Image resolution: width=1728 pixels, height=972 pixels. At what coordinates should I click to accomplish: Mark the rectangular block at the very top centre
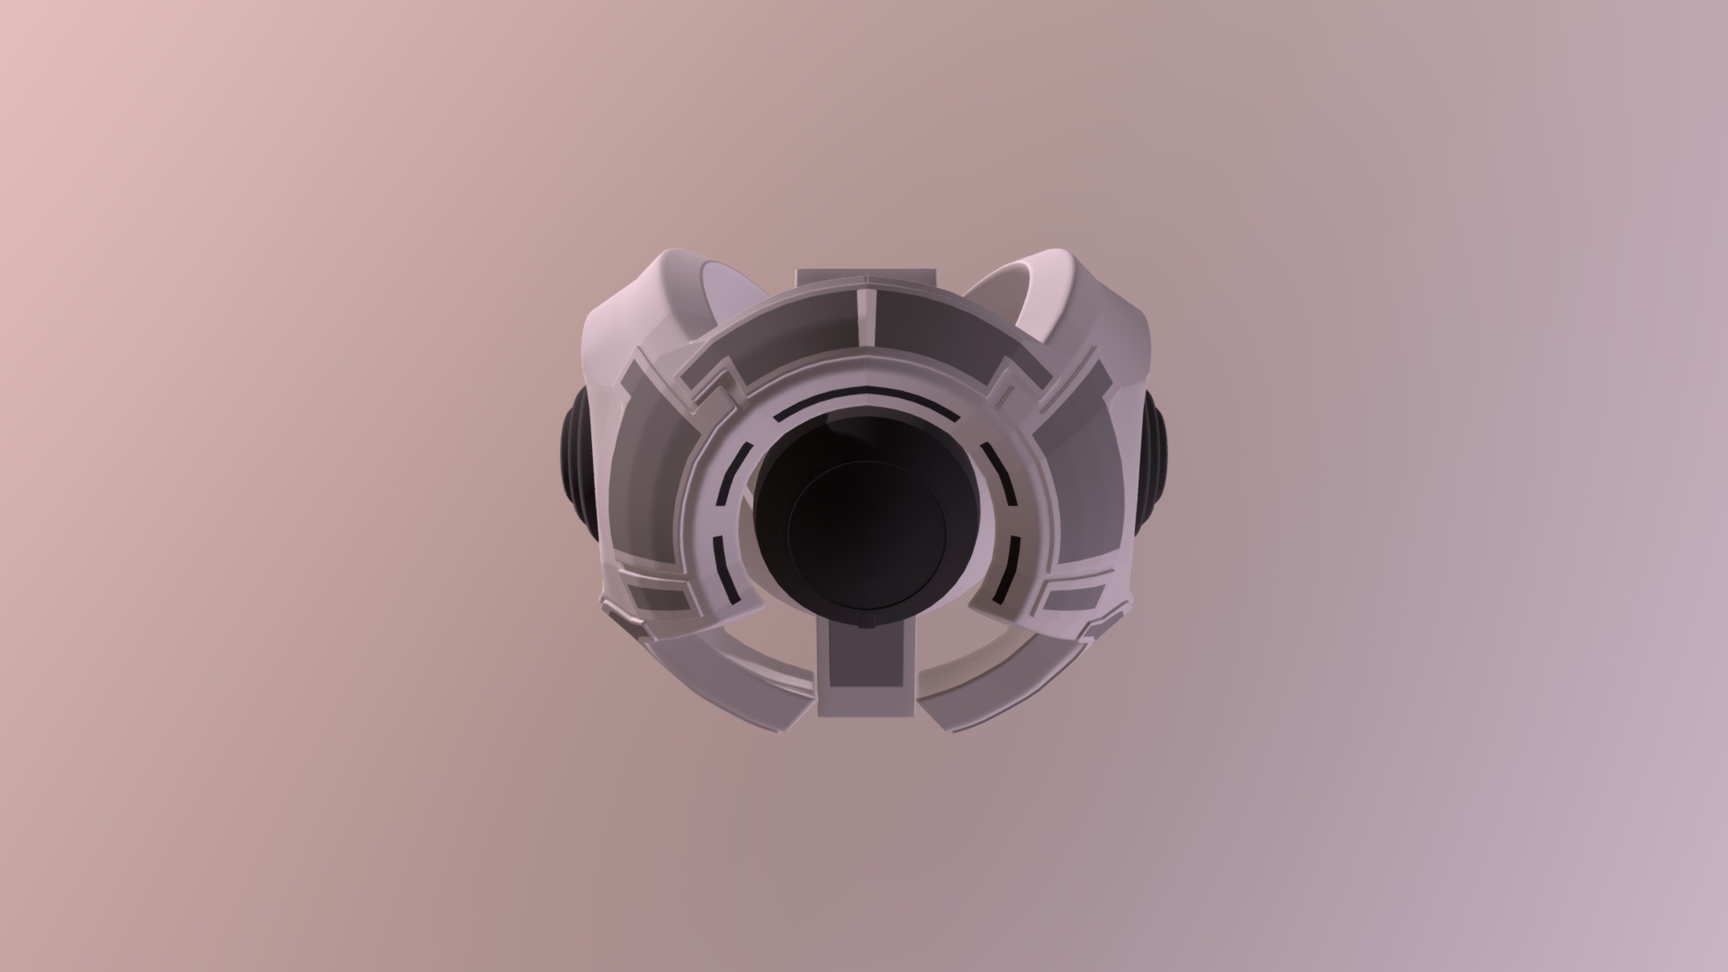pos(866,278)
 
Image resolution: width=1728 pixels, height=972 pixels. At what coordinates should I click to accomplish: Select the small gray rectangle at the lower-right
pos(1076,598)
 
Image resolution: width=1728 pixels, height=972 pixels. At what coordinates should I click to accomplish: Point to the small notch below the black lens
pos(867,622)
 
